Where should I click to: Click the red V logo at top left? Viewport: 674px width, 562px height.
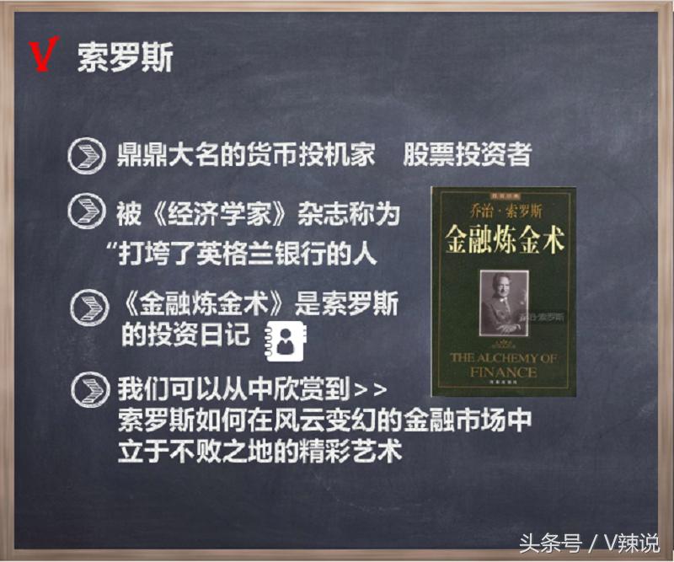[42, 55]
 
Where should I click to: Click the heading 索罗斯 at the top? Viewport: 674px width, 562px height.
[125, 56]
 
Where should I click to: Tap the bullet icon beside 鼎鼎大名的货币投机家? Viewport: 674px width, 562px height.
[87, 158]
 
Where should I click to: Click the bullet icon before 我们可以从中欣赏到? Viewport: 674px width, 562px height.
[87, 390]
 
